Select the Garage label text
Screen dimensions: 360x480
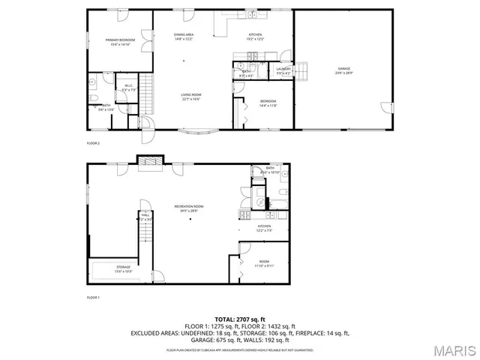point(344,70)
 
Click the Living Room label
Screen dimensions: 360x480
point(190,96)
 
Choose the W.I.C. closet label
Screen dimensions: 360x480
point(129,88)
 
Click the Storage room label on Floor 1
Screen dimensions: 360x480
point(123,268)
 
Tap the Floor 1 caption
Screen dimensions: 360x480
point(93,298)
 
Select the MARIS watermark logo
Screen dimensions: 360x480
point(453,349)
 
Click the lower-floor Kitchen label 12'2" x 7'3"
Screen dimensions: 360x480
point(264,228)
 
